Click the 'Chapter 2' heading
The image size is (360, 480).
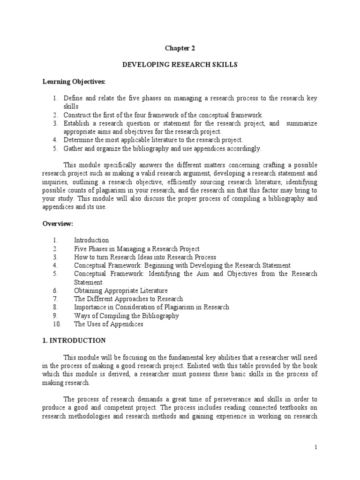pyautogui.click(x=180, y=47)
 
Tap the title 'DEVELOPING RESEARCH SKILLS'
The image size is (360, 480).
pyautogui.click(x=180, y=65)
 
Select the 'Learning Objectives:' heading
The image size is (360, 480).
pyautogui.click(x=75, y=82)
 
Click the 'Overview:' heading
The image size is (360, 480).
pyautogui.click(x=58, y=224)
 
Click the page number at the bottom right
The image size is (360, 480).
pyautogui.click(x=316, y=447)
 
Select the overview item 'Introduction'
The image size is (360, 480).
pyautogui.click(x=91, y=240)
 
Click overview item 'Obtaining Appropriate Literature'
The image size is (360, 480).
pyautogui.click(x=120, y=291)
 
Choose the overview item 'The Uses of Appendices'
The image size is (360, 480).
pyautogui.click(x=108, y=324)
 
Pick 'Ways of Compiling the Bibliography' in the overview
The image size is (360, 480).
pyautogui.click(x=126, y=315)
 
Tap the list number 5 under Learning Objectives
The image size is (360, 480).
pyautogui.click(x=54, y=149)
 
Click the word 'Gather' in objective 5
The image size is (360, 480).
pyautogui.click(x=73, y=149)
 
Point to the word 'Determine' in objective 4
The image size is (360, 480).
pyautogui.click(x=78, y=140)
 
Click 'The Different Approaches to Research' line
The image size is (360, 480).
pyautogui.click(x=128, y=299)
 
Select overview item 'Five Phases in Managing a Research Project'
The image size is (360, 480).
pyautogui.click(x=136, y=249)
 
